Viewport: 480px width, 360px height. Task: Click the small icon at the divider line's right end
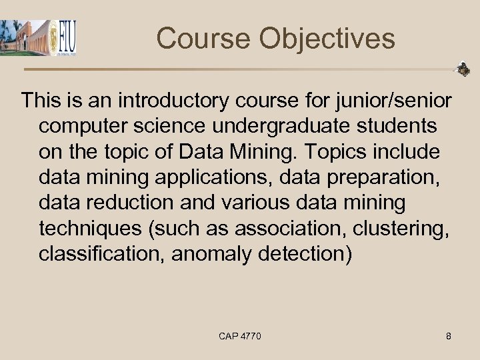pyautogui.click(x=462, y=69)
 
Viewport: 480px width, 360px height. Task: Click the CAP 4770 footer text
pyautogui.click(x=240, y=336)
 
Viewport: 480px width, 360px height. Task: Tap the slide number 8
pyautogui.click(x=449, y=336)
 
